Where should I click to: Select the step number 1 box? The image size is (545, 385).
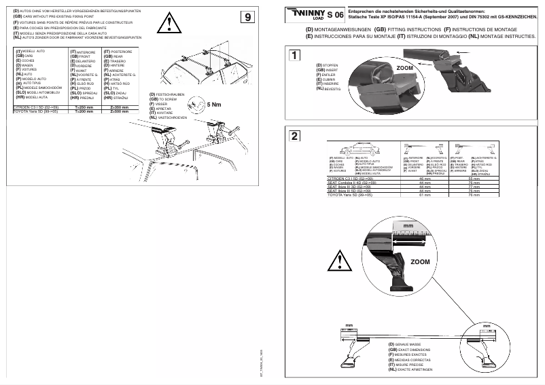pyautogui.click(x=294, y=56)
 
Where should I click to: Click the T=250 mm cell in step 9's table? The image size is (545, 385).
pyautogui.click(x=84, y=107)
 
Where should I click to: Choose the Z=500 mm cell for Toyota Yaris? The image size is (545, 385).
pyautogui.click(x=120, y=111)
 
